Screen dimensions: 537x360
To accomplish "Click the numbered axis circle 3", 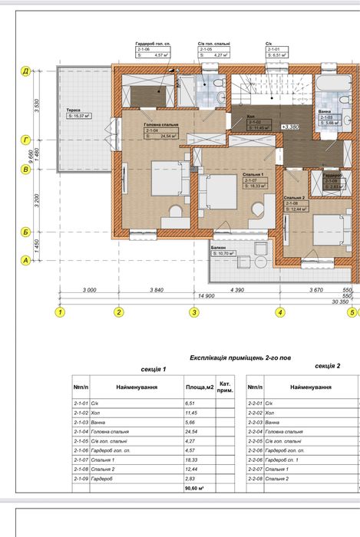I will coord(194,312).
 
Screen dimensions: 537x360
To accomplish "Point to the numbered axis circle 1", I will coord(60,312).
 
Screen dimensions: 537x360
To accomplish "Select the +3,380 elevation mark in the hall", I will coord(290,127).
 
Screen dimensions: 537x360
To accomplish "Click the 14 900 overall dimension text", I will coord(205,295).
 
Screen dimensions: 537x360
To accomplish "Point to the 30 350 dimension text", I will coord(340,302).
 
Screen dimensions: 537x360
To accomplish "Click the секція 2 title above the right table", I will coord(330,367).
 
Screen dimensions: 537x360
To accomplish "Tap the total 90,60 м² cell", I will coord(197,487).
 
